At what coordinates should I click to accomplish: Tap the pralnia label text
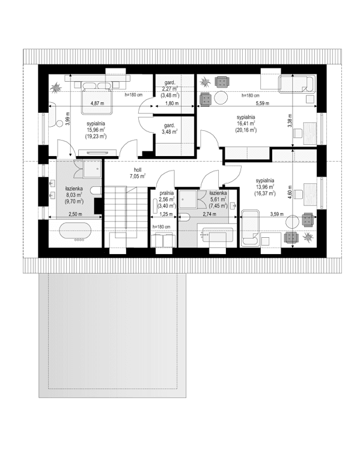click(x=166, y=194)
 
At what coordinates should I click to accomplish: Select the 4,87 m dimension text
click(x=96, y=103)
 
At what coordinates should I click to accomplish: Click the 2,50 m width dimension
click(x=75, y=214)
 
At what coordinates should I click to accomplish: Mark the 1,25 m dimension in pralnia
click(x=166, y=214)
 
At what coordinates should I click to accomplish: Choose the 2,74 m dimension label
click(x=209, y=214)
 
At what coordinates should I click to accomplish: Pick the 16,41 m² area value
click(x=246, y=123)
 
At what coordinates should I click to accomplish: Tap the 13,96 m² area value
click(x=264, y=187)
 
